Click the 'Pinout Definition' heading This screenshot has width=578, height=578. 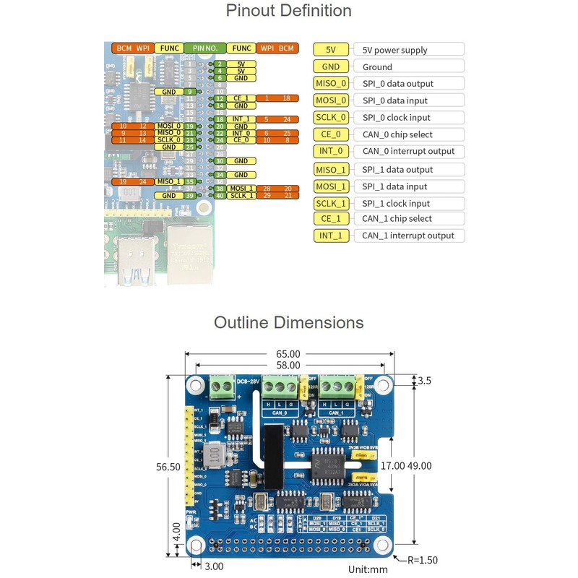click(288, 11)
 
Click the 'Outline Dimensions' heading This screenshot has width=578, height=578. click(288, 322)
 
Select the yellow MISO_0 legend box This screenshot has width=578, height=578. click(332, 83)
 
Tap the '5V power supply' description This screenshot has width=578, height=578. click(394, 50)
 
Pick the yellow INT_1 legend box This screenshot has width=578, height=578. click(332, 236)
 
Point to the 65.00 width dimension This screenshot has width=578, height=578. click(288, 354)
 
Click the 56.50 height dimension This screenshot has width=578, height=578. click(168, 467)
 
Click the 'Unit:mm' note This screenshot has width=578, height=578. click(368, 569)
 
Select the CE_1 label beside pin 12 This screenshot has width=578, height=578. click(241, 98)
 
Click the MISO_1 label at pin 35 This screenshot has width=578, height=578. click(168, 181)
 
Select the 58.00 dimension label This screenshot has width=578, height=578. click(288, 366)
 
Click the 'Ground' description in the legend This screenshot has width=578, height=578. click(377, 66)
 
